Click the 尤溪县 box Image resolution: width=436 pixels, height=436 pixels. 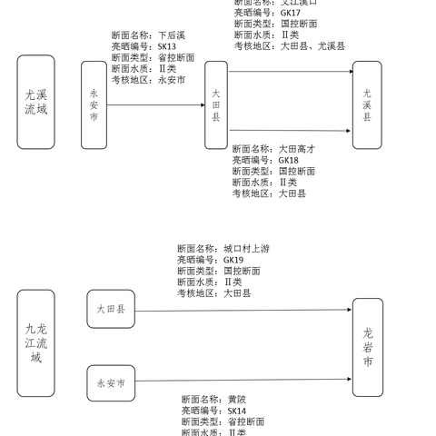point(367,104)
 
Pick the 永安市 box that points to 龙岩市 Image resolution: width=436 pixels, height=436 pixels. point(111,383)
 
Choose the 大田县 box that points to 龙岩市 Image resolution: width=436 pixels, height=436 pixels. point(111,310)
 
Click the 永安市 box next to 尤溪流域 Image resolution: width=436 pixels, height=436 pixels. point(94,104)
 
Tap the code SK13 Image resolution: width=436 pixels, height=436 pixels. point(167,47)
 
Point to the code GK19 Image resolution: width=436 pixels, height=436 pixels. point(234,260)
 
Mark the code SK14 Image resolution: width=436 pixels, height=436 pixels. point(238,411)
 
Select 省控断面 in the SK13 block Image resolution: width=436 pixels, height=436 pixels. point(176,58)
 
